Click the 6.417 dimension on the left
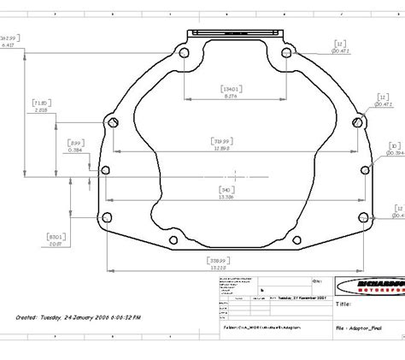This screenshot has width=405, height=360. [x=9, y=45]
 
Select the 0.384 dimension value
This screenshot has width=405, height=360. [x=77, y=150]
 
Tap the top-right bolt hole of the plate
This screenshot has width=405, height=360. [x=287, y=53]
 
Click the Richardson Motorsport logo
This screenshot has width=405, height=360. [x=370, y=286]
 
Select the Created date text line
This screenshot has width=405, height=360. [x=79, y=316]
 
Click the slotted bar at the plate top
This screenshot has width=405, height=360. [x=236, y=33]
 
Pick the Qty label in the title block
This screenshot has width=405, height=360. [x=317, y=280]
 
